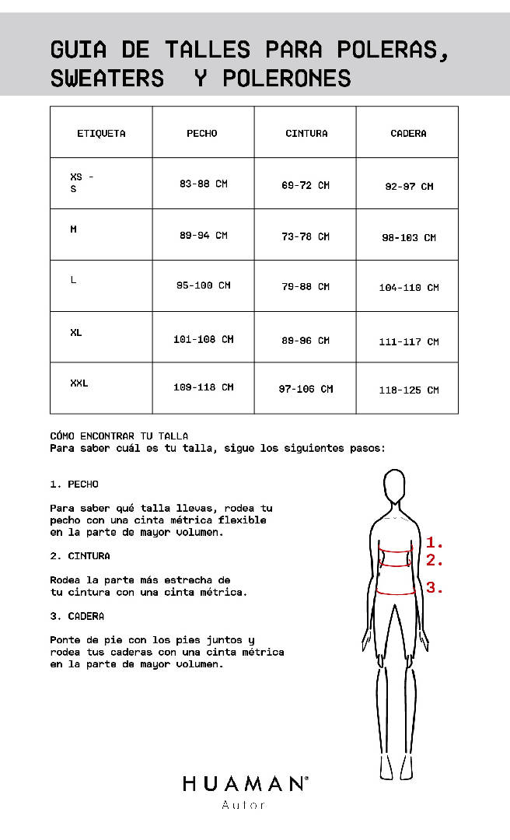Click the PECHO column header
point(202,133)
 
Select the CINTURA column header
point(306,133)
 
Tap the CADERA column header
point(408,133)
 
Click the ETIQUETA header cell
point(101,133)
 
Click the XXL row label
point(79,383)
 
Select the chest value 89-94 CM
point(204,236)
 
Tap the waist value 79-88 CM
point(306,287)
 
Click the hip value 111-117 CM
point(409,341)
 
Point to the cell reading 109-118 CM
point(204,387)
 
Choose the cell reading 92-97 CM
point(409,187)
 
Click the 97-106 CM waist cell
point(306,389)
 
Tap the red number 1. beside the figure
point(435,543)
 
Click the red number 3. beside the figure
point(435,588)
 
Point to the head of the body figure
point(396,489)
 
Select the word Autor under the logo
point(244,805)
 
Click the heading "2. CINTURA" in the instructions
point(80,556)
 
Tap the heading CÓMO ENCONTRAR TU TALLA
point(119,436)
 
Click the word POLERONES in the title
point(287,79)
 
